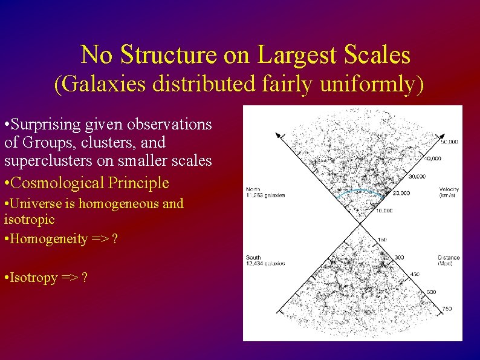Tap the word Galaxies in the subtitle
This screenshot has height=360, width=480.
[103, 84]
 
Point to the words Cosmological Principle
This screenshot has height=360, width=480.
[90, 182]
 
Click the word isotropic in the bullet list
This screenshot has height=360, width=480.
[29, 218]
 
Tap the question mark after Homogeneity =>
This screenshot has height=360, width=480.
[115, 239]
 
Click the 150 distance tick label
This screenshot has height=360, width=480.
[382, 240]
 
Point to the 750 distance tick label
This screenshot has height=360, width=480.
[446, 309]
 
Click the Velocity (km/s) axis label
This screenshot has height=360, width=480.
[449, 192]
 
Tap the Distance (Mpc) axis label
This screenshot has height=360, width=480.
[449, 261]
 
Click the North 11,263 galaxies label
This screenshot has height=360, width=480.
[265, 192]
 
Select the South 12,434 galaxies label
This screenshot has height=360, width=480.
[265, 261]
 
